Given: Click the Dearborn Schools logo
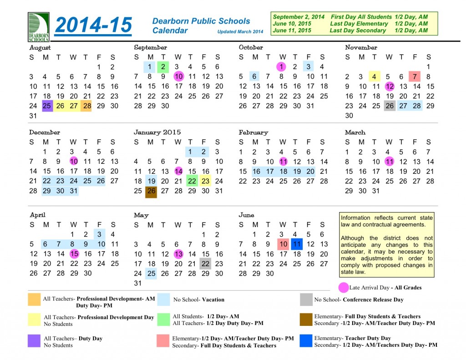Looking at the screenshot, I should pyautogui.click(x=38, y=27).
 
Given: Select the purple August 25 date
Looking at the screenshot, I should pyautogui.click(x=47, y=106).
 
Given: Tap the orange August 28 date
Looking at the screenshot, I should pyautogui.click(x=87, y=106).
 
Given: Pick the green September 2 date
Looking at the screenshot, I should pyautogui.click(x=163, y=67).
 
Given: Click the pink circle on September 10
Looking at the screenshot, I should pyautogui.click(x=179, y=77).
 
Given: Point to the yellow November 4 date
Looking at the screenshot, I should pyautogui.click(x=375, y=77).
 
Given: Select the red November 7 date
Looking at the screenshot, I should pyautogui.click(x=415, y=77).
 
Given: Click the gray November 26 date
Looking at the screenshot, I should pyautogui.click(x=390, y=106).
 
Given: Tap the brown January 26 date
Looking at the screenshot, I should pyautogui.click(x=151, y=191).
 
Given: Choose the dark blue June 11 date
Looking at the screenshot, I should pyautogui.click(x=297, y=244).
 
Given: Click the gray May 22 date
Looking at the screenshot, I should pyautogui.click(x=206, y=264).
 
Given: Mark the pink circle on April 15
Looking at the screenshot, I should pyautogui.click(x=74, y=254).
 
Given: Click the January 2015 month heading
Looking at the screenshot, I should pyautogui.click(x=157, y=132).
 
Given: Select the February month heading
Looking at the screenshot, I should pyautogui.click(x=253, y=132).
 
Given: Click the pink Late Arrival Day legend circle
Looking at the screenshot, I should pyautogui.click(x=344, y=288).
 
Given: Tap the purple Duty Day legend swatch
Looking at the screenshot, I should pyautogui.click(x=34, y=341).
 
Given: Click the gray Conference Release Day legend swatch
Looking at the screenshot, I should pyautogui.click(x=306, y=299).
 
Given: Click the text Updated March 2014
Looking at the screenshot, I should pyautogui.click(x=240, y=32).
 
